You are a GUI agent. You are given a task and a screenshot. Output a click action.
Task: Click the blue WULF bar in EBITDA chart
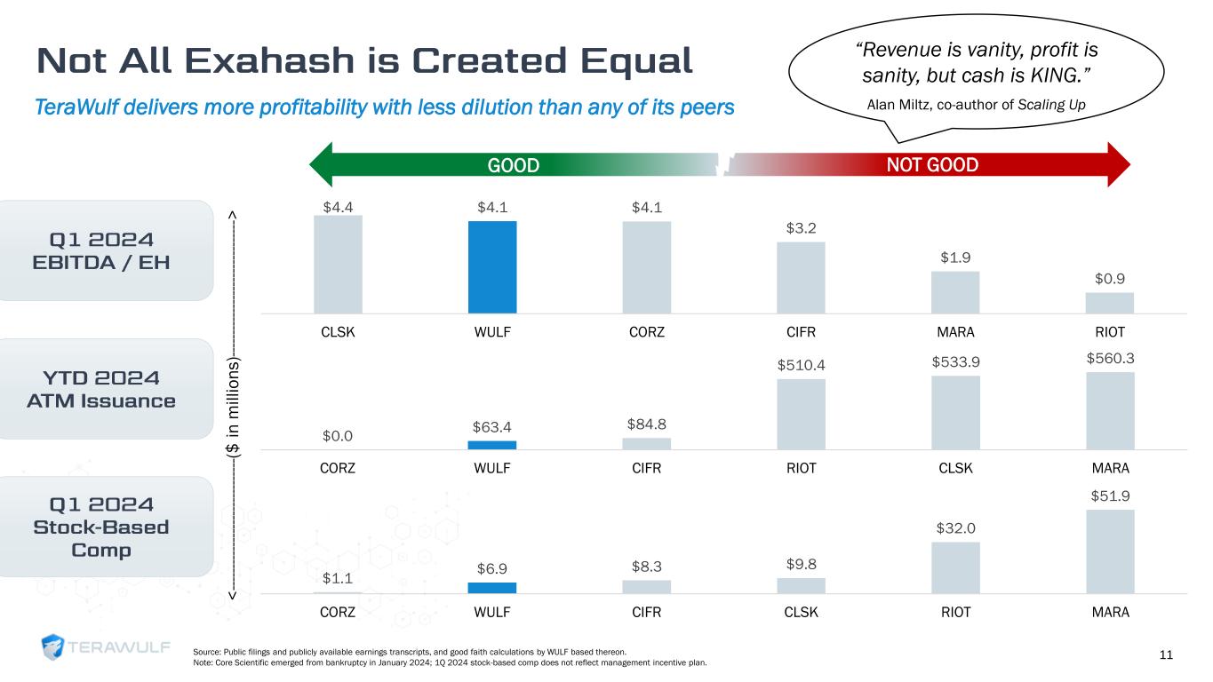492,266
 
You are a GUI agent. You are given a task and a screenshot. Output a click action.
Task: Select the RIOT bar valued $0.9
1109,303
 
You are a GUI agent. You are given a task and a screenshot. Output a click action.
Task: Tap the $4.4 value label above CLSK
338,207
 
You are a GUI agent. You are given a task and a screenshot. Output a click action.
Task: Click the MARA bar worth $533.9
955,412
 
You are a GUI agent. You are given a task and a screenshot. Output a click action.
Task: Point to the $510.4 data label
801,362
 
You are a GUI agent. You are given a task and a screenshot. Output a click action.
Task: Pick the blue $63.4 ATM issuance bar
492,445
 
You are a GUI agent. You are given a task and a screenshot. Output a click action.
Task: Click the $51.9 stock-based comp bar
1109,551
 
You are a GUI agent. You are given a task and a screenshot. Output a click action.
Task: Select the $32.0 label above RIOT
955,528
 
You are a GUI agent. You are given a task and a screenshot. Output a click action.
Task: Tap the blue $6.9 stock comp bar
492,587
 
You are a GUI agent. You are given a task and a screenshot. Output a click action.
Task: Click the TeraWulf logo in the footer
106,647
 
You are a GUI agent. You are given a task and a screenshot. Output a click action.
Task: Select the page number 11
1166,655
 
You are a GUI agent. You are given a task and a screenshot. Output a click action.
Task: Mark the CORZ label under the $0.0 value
338,468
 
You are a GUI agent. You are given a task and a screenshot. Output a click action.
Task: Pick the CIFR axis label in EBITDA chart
801,333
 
